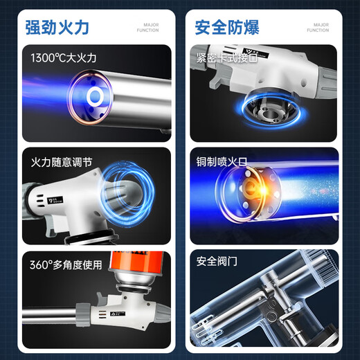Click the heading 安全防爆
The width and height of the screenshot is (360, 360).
tap(227, 28)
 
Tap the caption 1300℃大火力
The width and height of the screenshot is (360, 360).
tap(64, 58)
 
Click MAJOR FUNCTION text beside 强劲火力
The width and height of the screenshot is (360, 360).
tap(147, 28)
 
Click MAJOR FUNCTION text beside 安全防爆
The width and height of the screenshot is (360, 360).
tap(318, 28)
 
